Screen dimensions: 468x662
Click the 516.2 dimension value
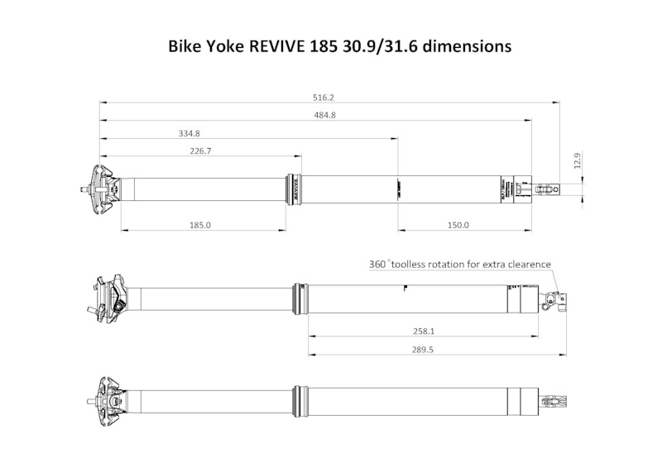click(x=324, y=97)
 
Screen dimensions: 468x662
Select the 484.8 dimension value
click(x=324, y=115)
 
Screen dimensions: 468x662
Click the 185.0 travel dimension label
click(x=200, y=225)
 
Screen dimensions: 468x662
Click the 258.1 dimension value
click(x=424, y=331)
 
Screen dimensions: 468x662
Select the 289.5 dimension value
click(x=424, y=350)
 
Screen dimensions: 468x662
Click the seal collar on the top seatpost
click(x=292, y=189)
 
